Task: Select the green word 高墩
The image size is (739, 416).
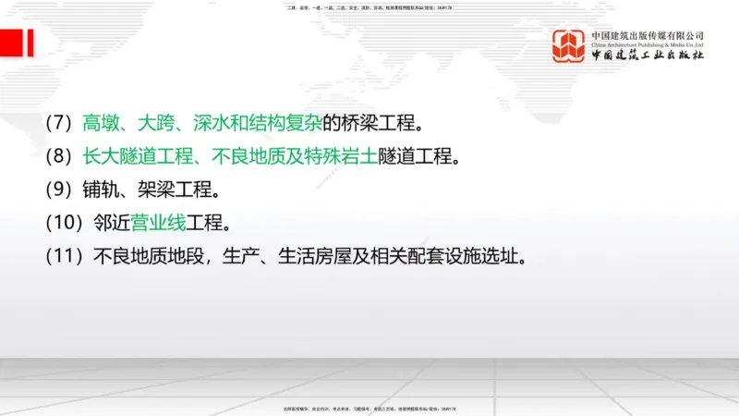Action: click(x=97, y=122)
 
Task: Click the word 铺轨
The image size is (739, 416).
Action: click(x=97, y=190)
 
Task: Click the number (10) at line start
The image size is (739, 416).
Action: click(x=65, y=223)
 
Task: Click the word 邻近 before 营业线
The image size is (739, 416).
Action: click(x=110, y=223)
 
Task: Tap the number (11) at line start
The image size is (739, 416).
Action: click(x=65, y=256)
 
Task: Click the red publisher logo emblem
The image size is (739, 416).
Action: click(x=569, y=46)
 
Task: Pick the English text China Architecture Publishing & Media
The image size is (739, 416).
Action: click(x=648, y=44)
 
